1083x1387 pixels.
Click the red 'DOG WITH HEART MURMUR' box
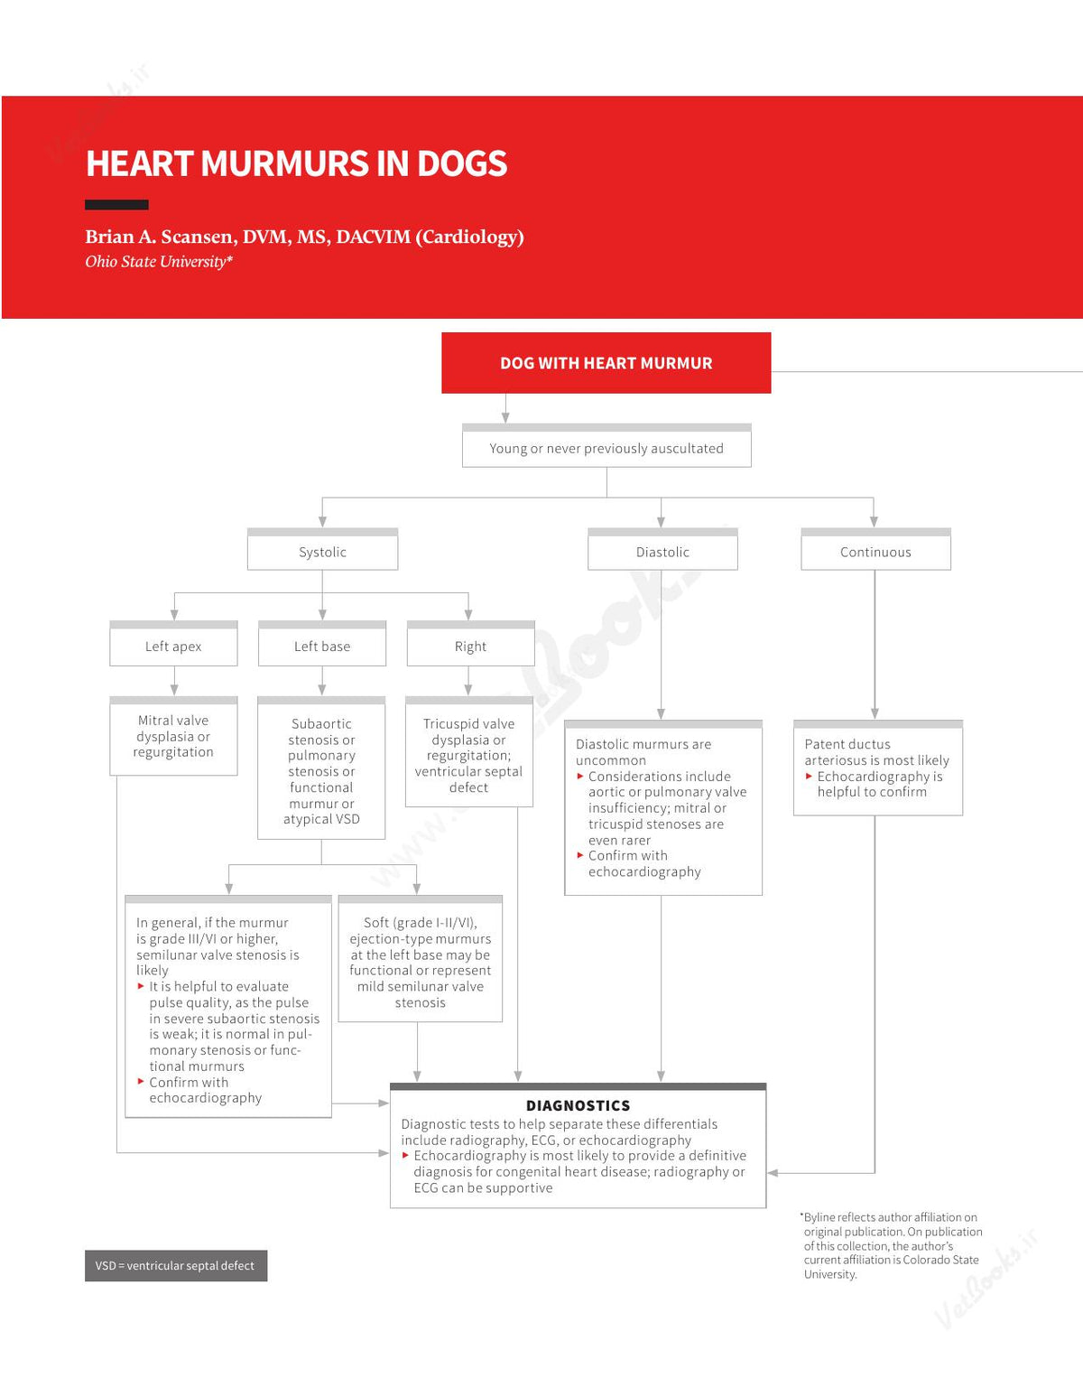[x=606, y=362]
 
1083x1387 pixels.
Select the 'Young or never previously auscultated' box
[x=606, y=445]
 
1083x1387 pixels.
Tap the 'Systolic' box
[x=323, y=549]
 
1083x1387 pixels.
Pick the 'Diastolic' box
[x=662, y=549]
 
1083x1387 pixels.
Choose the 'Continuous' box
[x=875, y=549]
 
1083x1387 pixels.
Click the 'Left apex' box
[x=173, y=644]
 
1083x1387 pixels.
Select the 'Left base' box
[x=322, y=644]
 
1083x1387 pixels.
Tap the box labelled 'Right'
[x=471, y=644]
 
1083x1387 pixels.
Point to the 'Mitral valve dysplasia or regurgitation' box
[x=173, y=736]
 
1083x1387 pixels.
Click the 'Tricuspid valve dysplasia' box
[x=468, y=752]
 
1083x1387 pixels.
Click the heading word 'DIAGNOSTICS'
[x=578, y=1105]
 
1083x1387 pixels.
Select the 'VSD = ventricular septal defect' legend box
[x=176, y=1266]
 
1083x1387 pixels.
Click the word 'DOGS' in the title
[x=462, y=163]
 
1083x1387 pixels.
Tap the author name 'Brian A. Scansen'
[x=162, y=237]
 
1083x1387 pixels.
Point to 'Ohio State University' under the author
[x=156, y=262]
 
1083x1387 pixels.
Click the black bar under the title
[x=116, y=204]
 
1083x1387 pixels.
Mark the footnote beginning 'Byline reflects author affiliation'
[x=892, y=1245]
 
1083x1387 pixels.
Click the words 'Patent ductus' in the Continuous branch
[x=847, y=744]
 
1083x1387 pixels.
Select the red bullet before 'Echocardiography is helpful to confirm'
[x=809, y=777]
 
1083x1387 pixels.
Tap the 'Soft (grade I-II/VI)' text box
[x=421, y=959]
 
